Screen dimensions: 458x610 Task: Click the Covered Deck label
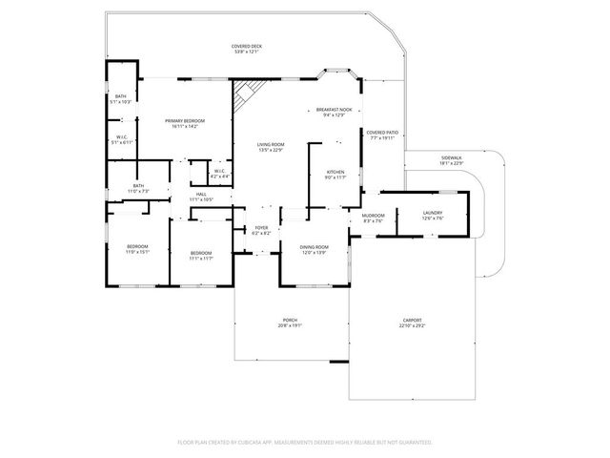coord(246,49)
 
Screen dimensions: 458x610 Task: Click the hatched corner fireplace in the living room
coord(246,93)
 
